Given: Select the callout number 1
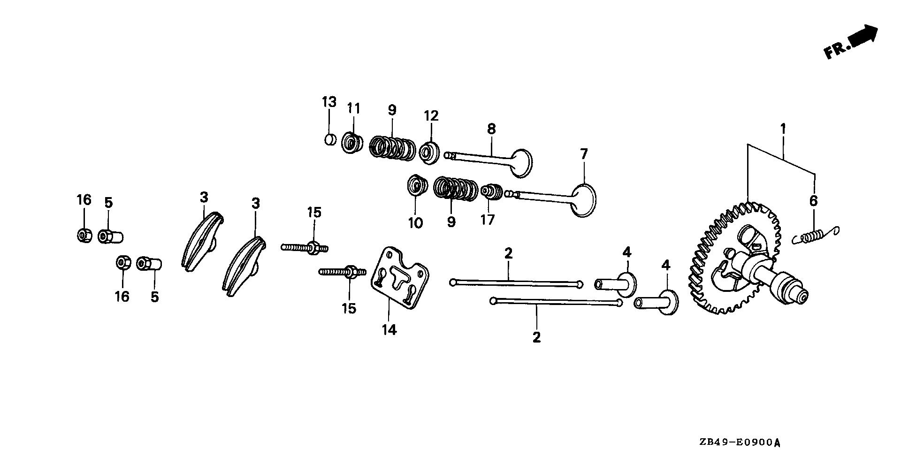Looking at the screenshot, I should tap(783, 128).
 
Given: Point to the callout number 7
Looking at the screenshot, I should tap(584, 154).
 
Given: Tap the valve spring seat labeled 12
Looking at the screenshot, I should tap(429, 152).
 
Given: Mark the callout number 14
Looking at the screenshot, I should tap(389, 330).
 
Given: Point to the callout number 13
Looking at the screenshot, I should tap(329, 102).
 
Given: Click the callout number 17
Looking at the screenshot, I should tap(488, 219).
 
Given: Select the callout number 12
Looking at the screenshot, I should tap(431, 115).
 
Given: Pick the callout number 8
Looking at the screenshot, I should tap(491, 129).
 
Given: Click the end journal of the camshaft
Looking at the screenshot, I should tap(796, 295).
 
